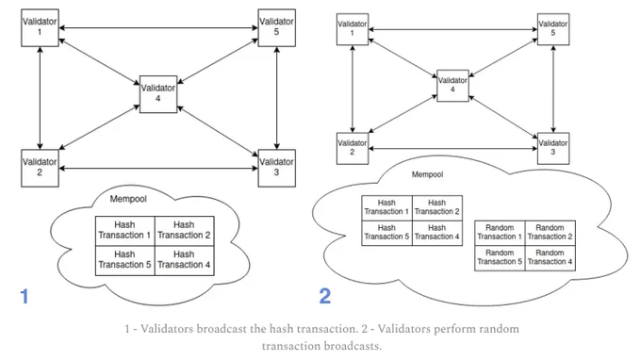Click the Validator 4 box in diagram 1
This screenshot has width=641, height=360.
158,94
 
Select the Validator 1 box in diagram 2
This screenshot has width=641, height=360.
353,29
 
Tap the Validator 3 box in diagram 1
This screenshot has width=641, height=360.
277,168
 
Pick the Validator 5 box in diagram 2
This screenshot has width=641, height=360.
553,29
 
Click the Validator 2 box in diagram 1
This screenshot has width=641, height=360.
40,168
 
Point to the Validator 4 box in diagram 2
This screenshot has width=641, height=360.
452,86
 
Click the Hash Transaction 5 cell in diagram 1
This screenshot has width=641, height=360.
125,260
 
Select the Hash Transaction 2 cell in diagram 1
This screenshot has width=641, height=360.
185,231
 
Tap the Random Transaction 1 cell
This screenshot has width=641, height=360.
500,233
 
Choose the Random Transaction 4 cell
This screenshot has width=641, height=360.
551,258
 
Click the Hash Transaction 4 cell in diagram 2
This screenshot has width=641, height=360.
437,233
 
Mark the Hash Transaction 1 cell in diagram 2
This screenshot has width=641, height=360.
386,208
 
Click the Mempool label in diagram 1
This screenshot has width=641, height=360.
128,199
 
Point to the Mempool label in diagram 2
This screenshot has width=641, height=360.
427,174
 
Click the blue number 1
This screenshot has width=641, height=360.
25,296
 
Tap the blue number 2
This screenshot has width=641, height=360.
325,296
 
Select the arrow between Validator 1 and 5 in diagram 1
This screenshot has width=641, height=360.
158,27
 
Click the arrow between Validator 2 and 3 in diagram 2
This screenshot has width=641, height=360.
453,148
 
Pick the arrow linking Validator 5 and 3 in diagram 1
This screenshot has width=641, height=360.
277,98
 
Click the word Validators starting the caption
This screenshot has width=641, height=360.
167,329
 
